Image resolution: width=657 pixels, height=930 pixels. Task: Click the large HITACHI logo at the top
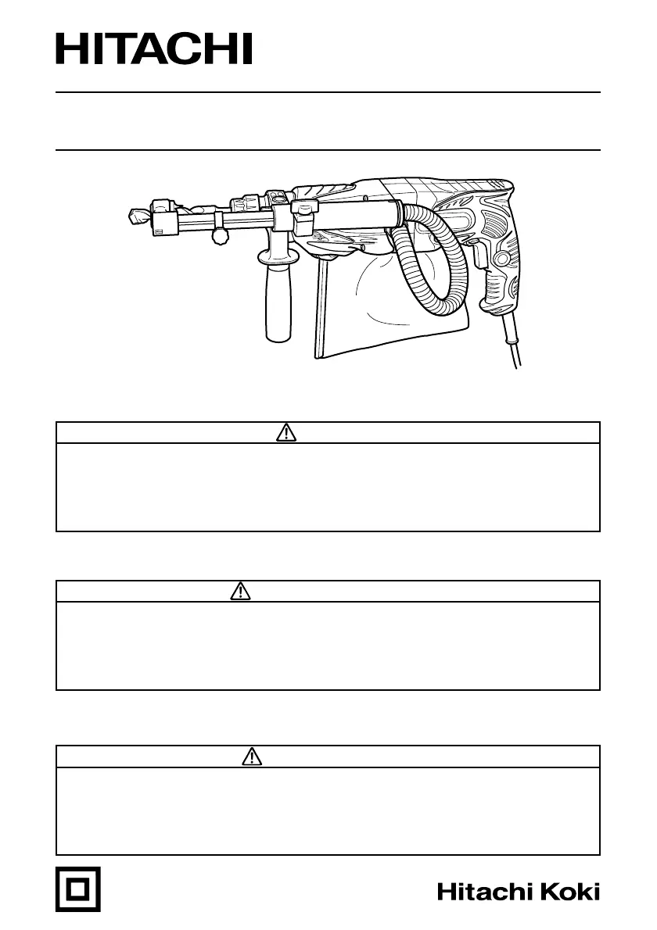(154, 49)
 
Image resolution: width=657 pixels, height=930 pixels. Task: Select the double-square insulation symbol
(78, 889)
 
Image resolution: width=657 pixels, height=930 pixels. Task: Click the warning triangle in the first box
(286, 433)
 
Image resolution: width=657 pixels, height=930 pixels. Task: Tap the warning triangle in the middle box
(241, 592)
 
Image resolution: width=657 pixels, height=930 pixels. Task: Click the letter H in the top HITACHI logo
(70, 49)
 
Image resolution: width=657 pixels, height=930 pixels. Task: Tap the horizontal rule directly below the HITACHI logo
(328, 92)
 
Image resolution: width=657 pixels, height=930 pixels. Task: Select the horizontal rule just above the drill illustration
(328, 149)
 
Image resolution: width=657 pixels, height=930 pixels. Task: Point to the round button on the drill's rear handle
(501, 258)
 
